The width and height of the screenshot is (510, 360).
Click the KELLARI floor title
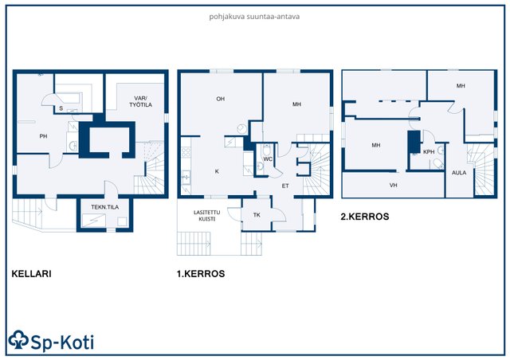pos(32,273)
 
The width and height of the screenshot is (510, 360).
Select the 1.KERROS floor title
pos(201,273)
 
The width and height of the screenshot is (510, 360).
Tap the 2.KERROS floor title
pos(365,217)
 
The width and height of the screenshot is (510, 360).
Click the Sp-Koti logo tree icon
pos(18,340)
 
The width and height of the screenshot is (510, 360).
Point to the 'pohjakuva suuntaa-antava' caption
pos(254,17)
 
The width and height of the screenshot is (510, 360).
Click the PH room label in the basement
pos(43,136)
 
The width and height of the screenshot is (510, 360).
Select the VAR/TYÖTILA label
pos(140,101)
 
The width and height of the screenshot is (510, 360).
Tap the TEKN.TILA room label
pos(104,207)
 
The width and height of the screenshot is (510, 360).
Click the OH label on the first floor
pos(221,99)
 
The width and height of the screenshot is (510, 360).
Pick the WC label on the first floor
pos(268,159)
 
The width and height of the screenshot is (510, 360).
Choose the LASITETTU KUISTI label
pos(207,216)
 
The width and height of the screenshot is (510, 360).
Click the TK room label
pos(257,214)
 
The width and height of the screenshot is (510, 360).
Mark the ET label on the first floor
pos(285,186)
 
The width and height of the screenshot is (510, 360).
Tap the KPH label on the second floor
pos(429,151)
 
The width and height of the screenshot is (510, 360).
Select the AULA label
pos(459,173)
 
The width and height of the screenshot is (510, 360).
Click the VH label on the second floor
pos(393,185)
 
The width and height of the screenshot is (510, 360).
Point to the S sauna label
pos(61,108)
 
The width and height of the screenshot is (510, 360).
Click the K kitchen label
pos(217,171)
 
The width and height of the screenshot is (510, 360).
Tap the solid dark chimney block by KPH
pos(414,142)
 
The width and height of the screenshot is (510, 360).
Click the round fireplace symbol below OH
pos(241,129)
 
